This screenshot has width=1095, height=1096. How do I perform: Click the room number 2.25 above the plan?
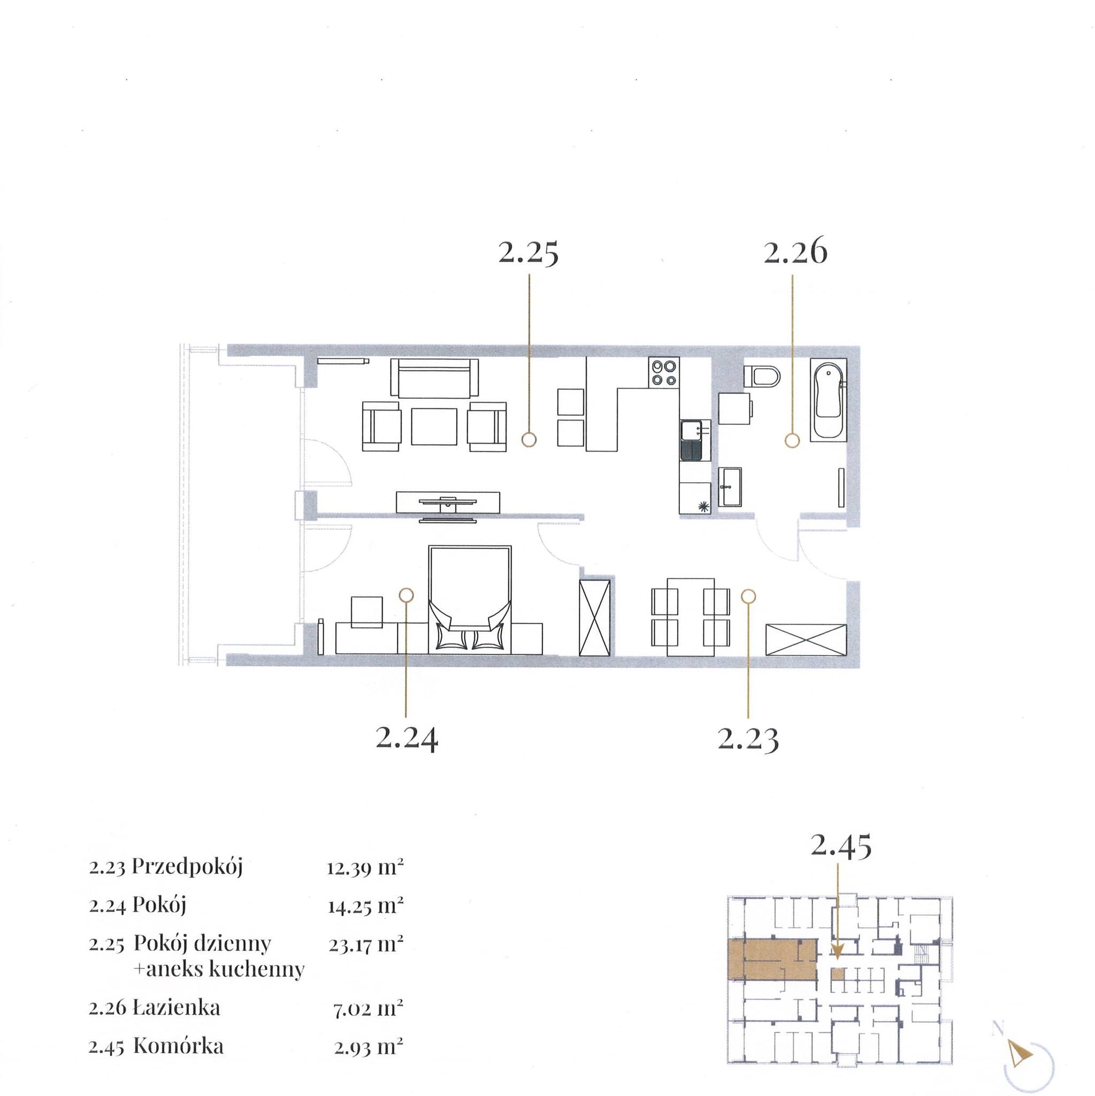click(529, 253)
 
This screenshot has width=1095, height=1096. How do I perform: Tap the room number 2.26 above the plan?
click(795, 253)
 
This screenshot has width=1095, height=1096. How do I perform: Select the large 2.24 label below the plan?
click(407, 739)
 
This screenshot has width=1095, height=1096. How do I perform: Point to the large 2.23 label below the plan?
click(748, 739)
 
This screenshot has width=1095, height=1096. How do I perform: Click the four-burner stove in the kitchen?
click(664, 372)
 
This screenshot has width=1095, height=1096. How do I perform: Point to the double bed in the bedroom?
click(470, 599)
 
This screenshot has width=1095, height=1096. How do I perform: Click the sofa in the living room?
click(435, 378)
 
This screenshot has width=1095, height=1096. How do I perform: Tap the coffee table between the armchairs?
click(434, 426)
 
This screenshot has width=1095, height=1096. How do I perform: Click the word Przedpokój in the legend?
click(187, 867)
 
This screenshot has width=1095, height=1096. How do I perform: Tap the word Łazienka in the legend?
click(176, 1008)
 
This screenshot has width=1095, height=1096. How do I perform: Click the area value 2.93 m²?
click(368, 1047)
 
